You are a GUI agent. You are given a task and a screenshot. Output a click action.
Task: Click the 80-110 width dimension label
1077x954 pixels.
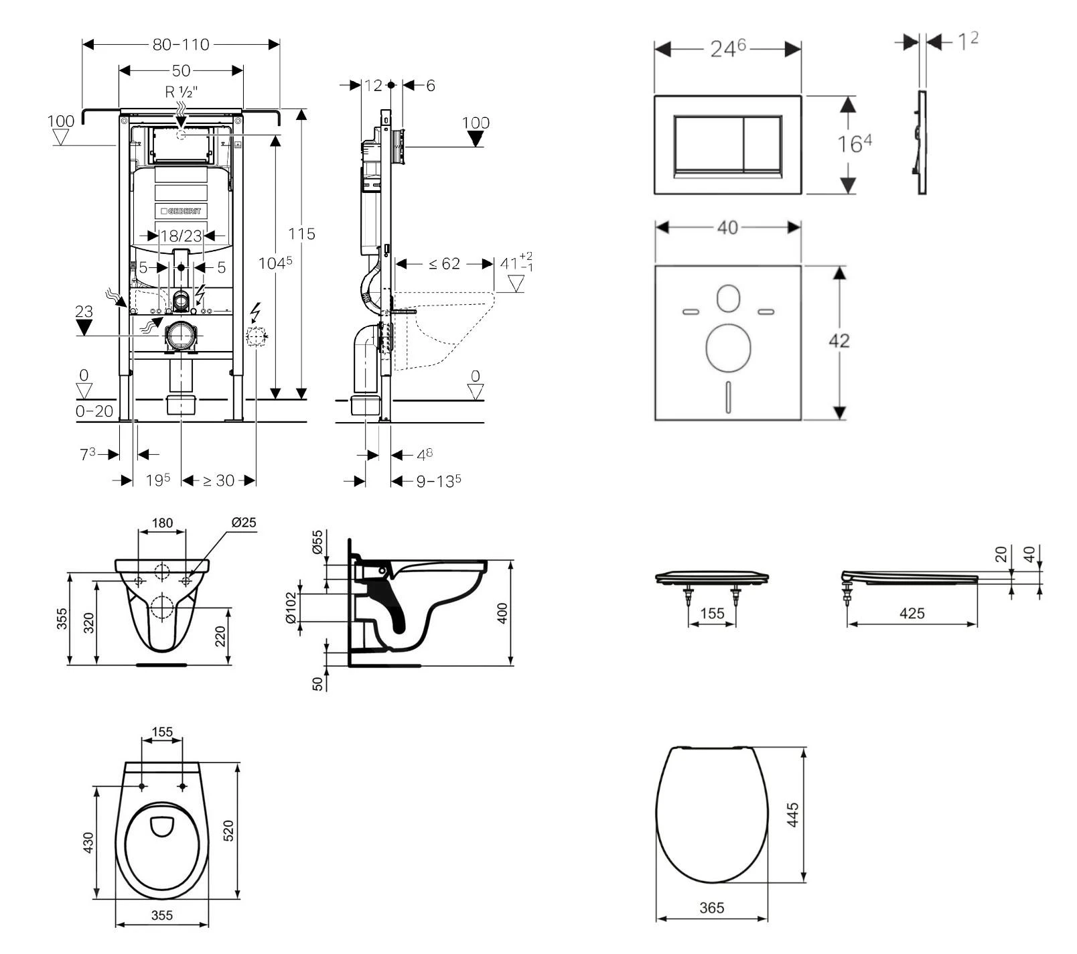181,44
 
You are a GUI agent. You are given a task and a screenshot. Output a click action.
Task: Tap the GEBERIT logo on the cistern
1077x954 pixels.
181,211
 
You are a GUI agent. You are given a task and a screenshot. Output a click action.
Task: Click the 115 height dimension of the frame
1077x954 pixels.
301,234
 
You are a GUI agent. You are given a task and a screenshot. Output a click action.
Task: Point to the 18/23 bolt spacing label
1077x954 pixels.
181,236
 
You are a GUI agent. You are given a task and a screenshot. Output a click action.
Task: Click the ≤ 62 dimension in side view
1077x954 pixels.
444,264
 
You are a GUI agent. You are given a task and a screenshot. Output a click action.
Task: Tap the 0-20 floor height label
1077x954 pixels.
94,411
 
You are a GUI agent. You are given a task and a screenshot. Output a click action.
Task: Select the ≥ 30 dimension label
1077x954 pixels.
218,480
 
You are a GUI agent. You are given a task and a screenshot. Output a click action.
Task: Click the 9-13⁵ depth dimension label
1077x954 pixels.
439,480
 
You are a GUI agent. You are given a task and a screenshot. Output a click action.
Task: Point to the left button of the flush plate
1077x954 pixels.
709,145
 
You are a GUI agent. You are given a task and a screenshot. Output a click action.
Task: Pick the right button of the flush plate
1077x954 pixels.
762,145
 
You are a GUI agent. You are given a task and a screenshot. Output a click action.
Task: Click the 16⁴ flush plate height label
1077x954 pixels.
854,143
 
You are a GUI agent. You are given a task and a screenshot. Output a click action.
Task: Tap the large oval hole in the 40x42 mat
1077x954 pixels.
728,348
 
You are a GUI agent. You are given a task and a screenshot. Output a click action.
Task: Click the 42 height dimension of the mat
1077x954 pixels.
839,340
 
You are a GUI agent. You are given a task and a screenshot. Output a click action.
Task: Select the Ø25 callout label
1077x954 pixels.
244,522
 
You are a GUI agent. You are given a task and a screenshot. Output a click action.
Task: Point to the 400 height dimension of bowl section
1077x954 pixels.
504,613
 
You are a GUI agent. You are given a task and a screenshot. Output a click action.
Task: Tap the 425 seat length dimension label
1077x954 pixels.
912,613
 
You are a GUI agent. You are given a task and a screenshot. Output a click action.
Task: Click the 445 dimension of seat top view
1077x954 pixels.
793,815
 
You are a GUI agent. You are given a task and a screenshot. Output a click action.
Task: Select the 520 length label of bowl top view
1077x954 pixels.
228,831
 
